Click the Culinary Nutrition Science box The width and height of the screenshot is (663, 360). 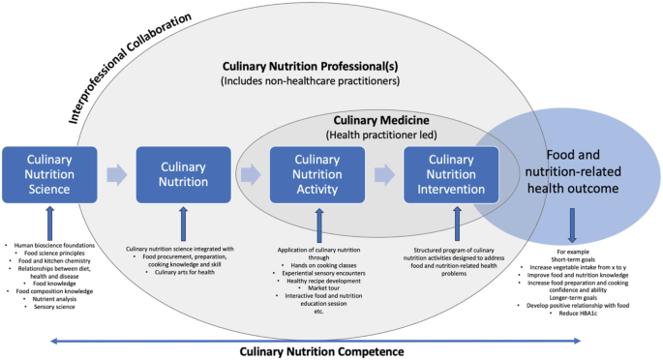(x=48, y=175)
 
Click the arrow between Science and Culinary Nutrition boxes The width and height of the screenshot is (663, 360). (x=116, y=175)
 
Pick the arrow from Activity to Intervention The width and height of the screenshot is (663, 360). (x=384, y=175)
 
